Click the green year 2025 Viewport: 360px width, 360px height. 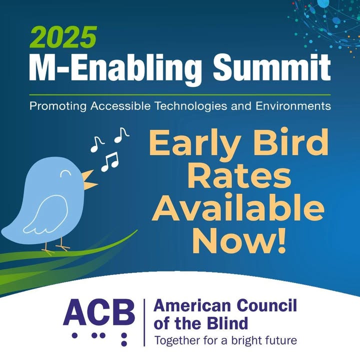(x=63, y=37)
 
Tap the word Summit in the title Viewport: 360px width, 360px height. (x=272, y=67)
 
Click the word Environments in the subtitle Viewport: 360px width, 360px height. (x=293, y=106)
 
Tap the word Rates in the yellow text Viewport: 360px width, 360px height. (x=239, y=177)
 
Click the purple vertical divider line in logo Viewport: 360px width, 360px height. (x=144, y=322)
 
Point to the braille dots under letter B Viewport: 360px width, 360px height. (x=124, y=339)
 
